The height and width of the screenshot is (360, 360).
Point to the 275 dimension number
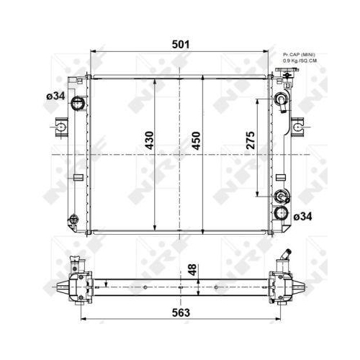(x=250, y=140)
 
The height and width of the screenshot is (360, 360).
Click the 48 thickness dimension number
(x=192, y=271)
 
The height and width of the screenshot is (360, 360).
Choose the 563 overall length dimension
(x=181, y=313)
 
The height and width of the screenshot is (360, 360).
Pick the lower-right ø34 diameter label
(x=303, y=216)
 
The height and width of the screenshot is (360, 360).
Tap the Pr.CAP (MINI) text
(x=299, y=54)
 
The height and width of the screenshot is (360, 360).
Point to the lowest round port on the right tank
(x=281, y=214)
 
